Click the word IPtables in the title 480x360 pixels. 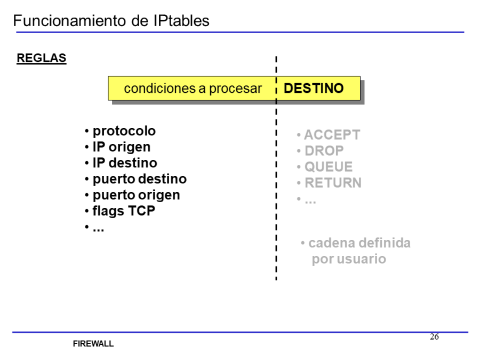tap(180, 21)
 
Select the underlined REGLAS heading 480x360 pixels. tap(42, 58)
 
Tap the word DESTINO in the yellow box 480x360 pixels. tap(314, 89)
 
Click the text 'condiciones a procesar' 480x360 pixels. tap(193, 89)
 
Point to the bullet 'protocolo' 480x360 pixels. tap(124, 131)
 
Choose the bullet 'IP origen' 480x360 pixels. tap(121, 147)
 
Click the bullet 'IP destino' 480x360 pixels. tap(125, 163)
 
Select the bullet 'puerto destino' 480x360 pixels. tap(139, 179)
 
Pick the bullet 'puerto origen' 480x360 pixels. tap(136, 195)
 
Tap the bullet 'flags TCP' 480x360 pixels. tap(124, 211)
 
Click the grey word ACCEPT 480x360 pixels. tap(332, 135)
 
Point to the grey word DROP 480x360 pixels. tap(324, 151)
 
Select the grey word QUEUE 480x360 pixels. tap(329, 167)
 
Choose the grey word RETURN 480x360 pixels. tap(333, 183)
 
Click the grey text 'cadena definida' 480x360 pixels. tap(359, 243)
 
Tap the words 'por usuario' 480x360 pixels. tap(349, 259)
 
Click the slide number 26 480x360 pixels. tap(435, 337)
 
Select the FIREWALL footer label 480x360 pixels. tap(93, 344)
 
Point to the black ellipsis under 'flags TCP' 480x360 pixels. tap(98, 228)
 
